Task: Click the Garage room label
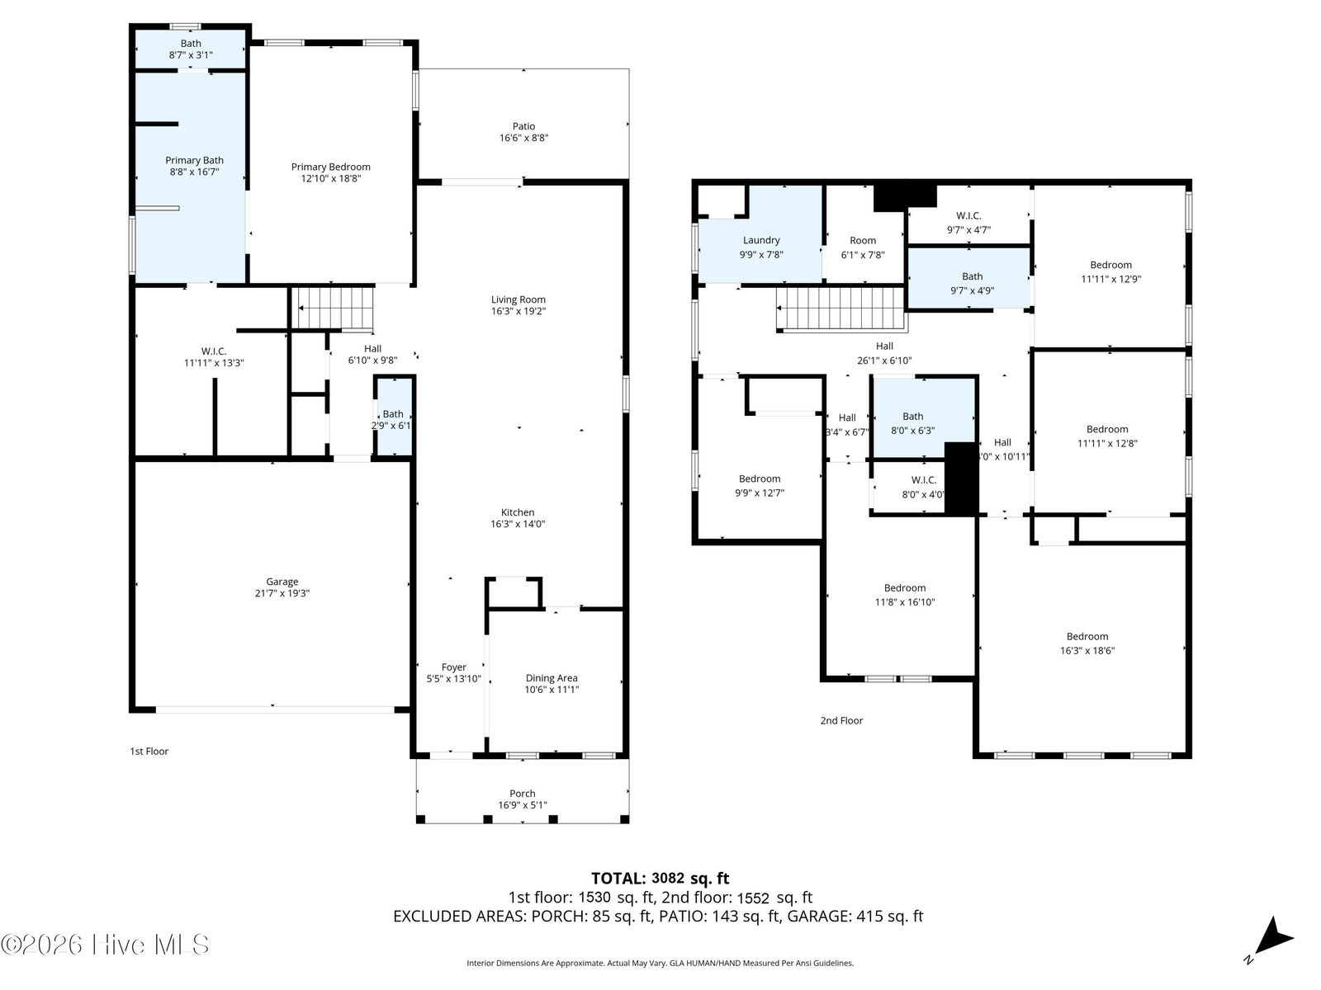click(282, 582)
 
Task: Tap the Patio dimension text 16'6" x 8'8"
click(523, 138)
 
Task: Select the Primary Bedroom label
click(330, 167)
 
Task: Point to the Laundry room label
click(761, 240)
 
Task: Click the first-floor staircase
click(333, 309)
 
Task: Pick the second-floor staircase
click(840, 309)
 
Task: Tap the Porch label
click(523, 794)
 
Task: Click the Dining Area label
click(552, 678)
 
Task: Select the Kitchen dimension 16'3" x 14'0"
click(518, 524)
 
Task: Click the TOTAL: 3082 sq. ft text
click(660, 878)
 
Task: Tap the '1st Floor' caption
click(149, 752)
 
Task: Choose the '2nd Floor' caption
click(841, 721)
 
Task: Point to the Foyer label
click(454, 667)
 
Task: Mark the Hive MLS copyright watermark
click(106, 945)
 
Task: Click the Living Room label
click(518, 300)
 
